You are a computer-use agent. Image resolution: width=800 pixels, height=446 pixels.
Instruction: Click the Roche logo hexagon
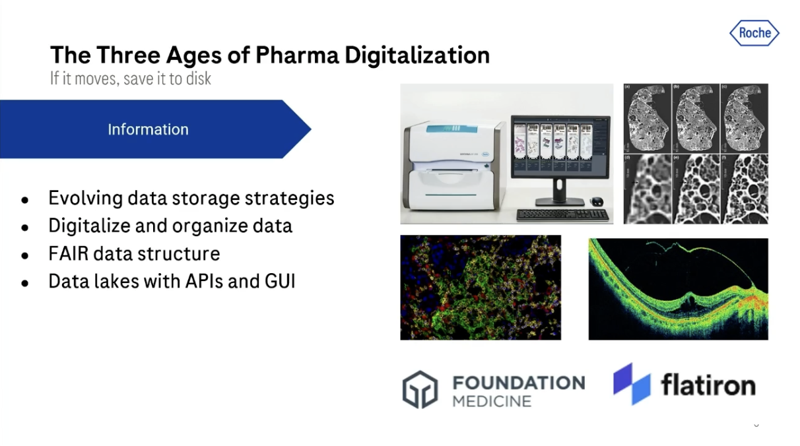click(x=754, y=33)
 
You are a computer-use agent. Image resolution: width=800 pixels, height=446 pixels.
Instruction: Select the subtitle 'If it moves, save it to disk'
click(x=131, y=78)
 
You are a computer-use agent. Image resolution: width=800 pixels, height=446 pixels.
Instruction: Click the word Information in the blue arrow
click(x=148, y=129)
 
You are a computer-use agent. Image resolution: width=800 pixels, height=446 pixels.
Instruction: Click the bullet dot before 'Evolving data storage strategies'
click(x=25, y=199)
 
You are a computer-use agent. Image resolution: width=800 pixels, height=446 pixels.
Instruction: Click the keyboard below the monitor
click(x=563, y=214)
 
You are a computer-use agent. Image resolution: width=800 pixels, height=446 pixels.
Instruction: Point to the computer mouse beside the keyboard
click(x=597, y=201)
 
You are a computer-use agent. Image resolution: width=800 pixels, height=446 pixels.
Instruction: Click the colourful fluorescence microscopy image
click(x=481, y=288)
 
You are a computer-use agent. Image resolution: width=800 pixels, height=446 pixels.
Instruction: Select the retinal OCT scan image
click(x=678, y=289)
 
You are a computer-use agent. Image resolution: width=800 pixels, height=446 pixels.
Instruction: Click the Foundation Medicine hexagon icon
click(x=420, y=389)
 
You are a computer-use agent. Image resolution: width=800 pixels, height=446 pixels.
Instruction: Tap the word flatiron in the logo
click(x=708, y=385)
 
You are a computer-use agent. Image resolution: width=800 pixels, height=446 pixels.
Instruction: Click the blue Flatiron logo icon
click(x=632, y=383)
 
